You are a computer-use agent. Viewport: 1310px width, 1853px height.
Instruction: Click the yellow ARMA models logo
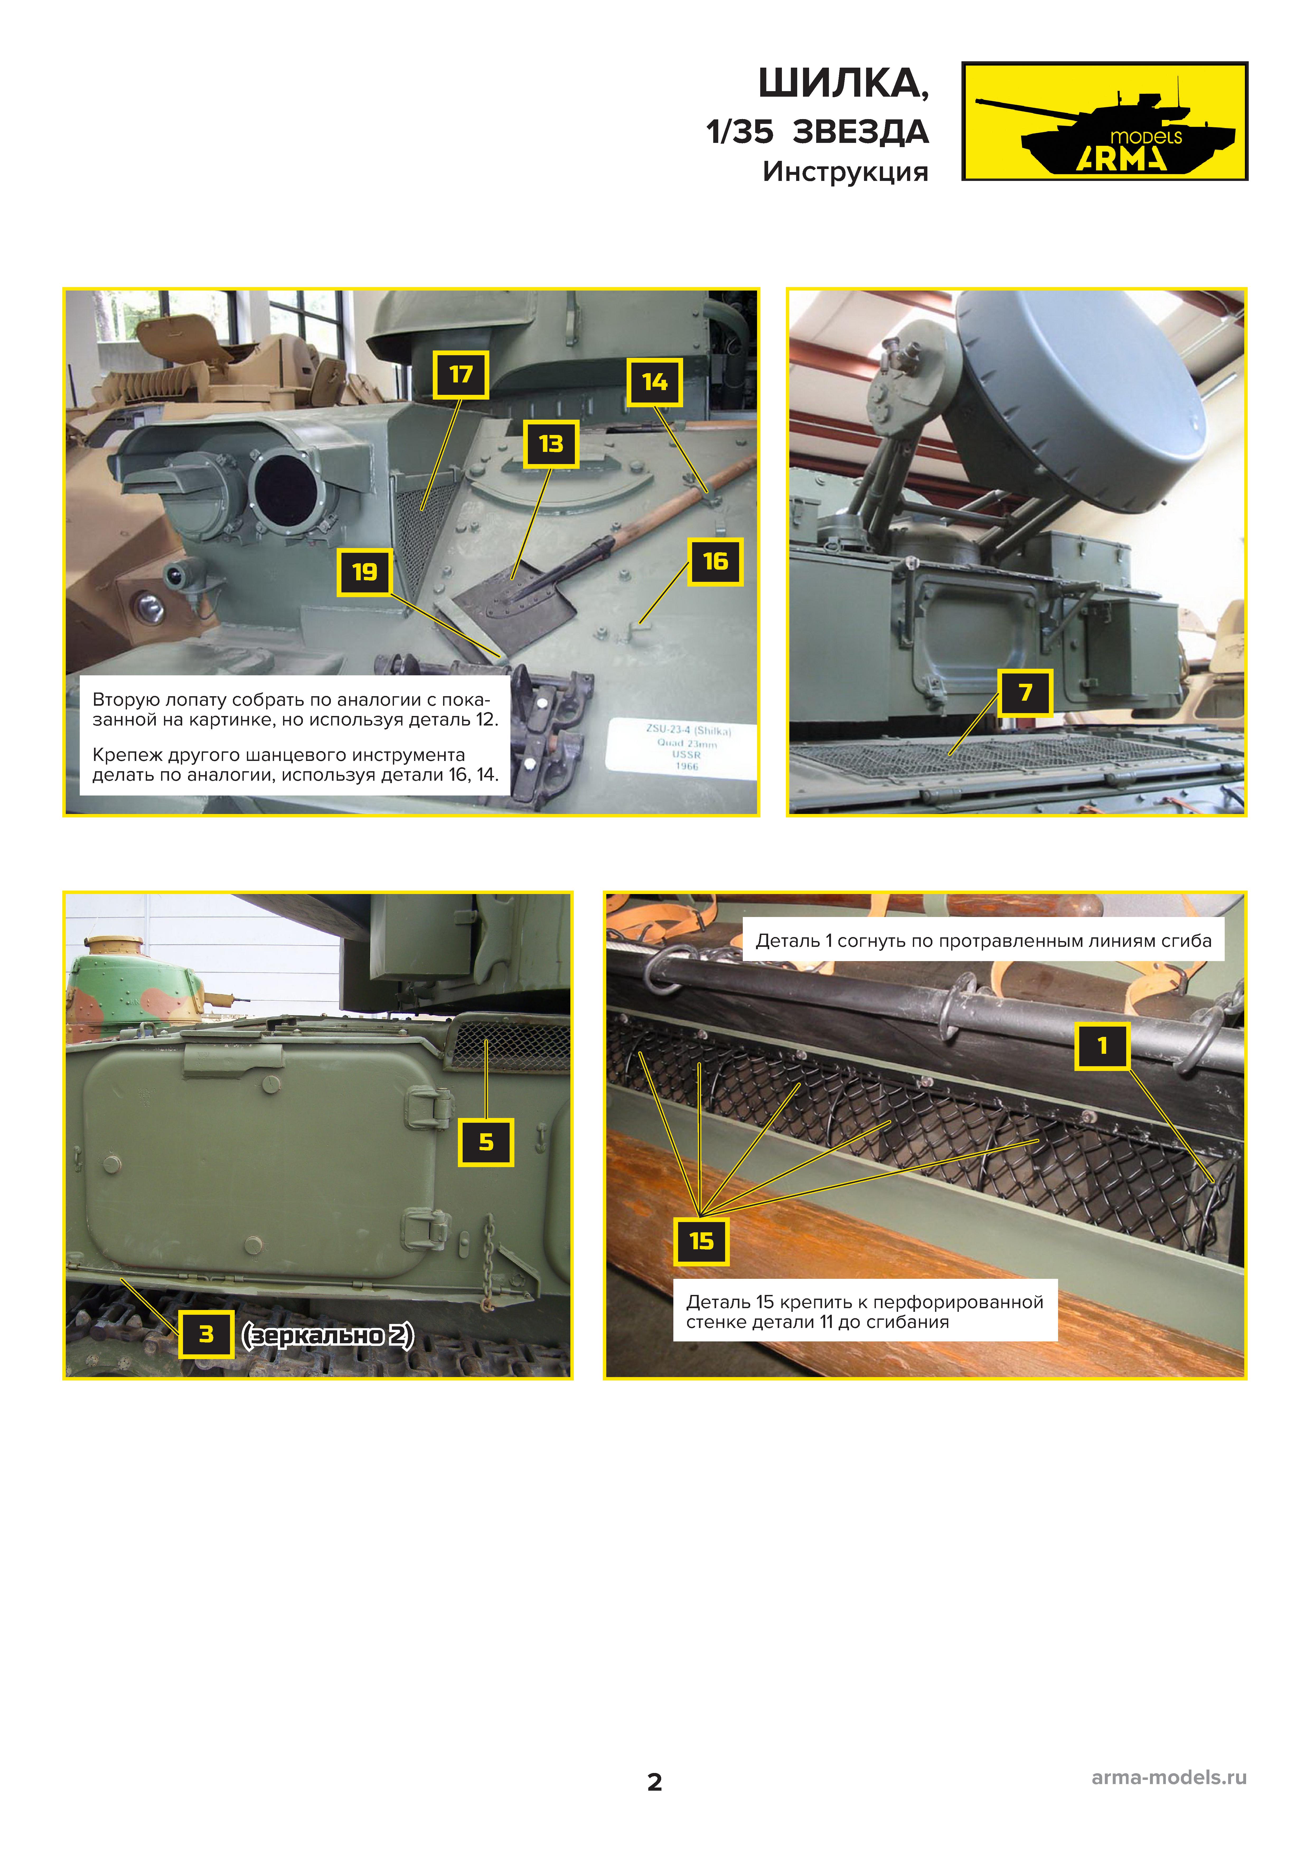pos(1104,121)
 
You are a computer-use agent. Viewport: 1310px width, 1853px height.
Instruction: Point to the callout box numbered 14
pos(655,382)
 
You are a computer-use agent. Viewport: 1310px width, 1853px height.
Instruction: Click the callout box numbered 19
pos(365,572)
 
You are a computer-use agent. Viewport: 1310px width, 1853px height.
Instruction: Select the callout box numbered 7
pos(1025,692)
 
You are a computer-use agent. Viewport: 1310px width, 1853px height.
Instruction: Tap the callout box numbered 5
pos(486,1142)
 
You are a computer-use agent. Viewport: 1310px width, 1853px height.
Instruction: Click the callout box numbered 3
pos(206,1334)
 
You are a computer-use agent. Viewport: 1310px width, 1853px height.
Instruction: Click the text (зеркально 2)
pos(328,1335)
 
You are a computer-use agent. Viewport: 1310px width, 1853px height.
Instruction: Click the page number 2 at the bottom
pos(655,1782)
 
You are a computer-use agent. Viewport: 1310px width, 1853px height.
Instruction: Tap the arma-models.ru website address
pos(1169,1777)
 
